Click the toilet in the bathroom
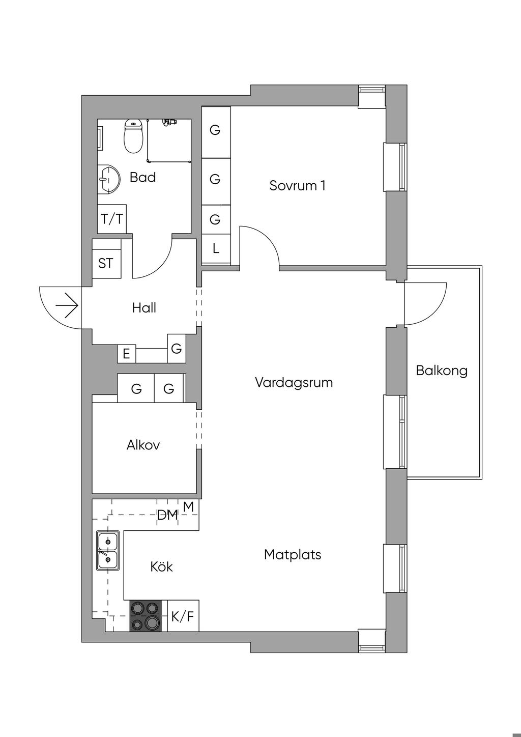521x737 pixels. click(133, 137)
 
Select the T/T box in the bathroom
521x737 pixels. click(112, 219)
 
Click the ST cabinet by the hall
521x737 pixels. click(106, 263)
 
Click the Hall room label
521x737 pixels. click(144, 307)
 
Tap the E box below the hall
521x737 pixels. click(126, 353)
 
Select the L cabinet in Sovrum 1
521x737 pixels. click(216, 248)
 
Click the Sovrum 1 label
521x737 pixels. click(297, 185)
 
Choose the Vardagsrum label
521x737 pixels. click(294, 382)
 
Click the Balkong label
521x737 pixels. click(441, 370)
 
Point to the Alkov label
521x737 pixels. click(143, 445)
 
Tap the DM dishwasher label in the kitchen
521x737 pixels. click(167, 515)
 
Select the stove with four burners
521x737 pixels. click(145, 615)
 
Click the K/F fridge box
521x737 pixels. click(183, 616)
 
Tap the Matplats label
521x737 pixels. click(293, 554)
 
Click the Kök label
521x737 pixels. click(161, 566)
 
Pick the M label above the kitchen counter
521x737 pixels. click(188, 506)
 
